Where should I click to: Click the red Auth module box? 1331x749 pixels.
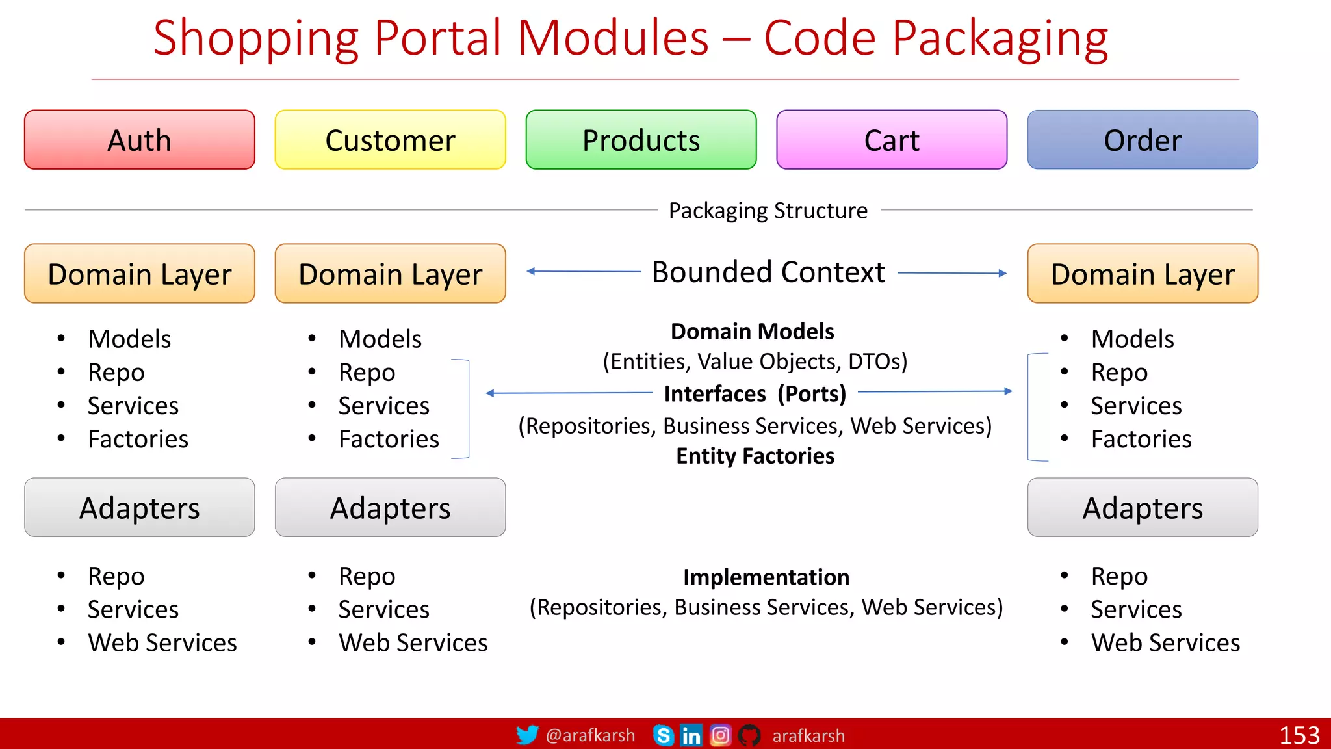[x=139, y=140]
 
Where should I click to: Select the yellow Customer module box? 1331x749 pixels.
[x=390, y=140]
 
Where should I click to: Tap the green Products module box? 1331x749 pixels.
[x=641, y=140]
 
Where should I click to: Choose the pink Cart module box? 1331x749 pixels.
[x=892, y=140]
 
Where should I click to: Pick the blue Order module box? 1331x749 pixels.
[x=1143, y=140]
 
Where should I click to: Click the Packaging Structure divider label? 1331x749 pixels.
[x=768, y=211]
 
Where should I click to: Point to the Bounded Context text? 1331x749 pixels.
[x=768, y=272]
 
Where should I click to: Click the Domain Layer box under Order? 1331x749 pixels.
[x=1143, y=274]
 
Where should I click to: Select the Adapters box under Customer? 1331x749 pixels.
[x=390, y=508]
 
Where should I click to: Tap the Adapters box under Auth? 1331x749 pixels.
[x=139, y=508]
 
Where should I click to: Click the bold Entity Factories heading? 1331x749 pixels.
[x=755, y=456]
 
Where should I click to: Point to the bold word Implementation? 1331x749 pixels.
[x=766, y=577]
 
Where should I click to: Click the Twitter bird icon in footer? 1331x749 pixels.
[x=527, y=735]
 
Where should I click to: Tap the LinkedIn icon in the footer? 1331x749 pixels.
[x=691, y=735]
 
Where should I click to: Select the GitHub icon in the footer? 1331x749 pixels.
[x=749, y=735]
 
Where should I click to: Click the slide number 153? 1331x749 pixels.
[x=1299, y=735]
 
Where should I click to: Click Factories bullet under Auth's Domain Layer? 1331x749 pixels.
[x=138, y=439]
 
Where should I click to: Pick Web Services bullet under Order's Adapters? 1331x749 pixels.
[x=1165, y=642]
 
